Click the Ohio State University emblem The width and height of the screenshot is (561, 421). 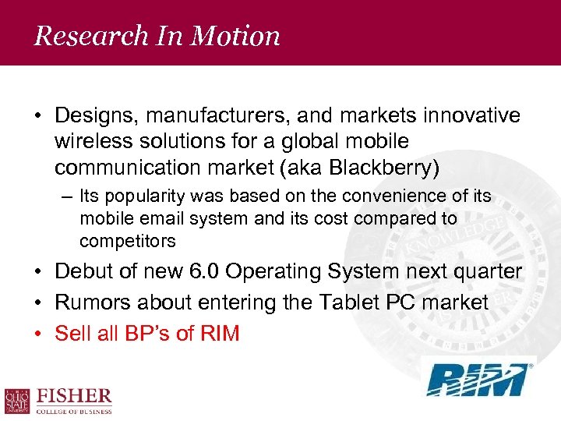[17, 401]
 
